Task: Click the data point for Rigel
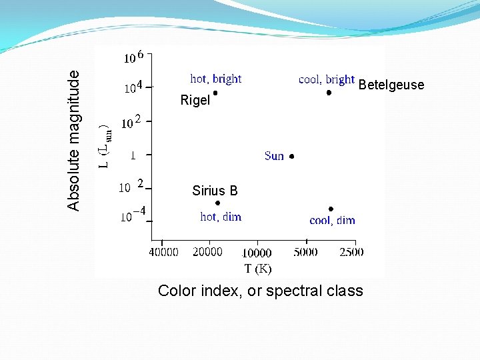tap(215, 93)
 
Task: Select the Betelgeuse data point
tap(329, 93)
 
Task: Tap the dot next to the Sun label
tap(291, 157)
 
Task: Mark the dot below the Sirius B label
tap(217, 203)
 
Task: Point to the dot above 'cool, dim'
tap(331, 209)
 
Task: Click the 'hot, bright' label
tap(216, 79)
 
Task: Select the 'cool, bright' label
tap(326, 79)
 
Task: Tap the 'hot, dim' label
tap(221, 217)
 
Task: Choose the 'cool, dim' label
tap(332, 220)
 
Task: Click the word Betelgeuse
tap(391, 85)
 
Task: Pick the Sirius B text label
tap(215, 191)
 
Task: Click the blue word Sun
tap(274, 156)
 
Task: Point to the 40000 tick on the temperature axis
tap(163, 252)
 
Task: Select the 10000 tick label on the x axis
tap(256, 253)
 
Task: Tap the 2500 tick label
tap(351, 252)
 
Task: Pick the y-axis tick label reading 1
tap(133, 155)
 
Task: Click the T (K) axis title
tap(258, 268)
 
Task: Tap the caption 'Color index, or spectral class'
tap(260, 291)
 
